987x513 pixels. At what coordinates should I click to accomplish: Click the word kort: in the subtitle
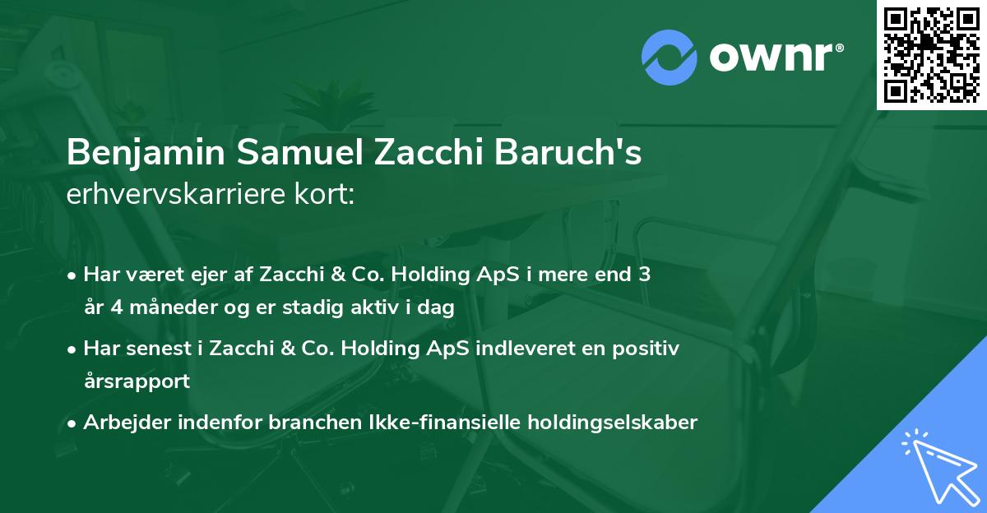point(326,195)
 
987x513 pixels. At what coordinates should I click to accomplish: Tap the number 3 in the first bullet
point(644,275)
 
